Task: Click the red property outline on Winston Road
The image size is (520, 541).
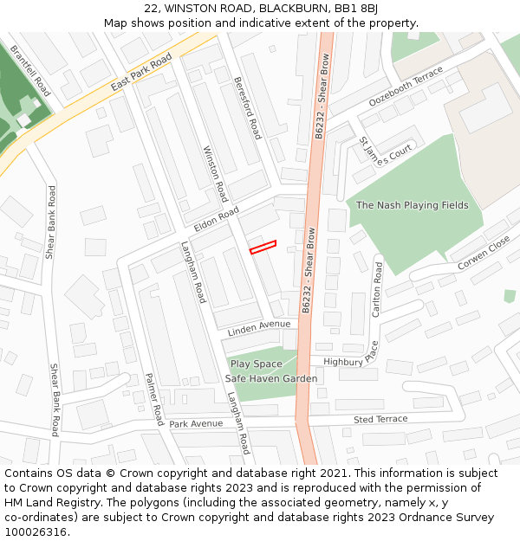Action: point(263,247)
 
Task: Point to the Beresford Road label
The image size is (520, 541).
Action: point(247,108)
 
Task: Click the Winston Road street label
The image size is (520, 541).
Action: point(215,173)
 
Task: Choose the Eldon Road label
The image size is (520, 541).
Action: point(216,219)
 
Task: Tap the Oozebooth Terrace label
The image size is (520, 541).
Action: point(406,86)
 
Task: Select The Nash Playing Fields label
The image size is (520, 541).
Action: point(412,206)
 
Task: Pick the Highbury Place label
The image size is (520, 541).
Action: point(351,356)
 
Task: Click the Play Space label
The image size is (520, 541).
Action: point(257,364)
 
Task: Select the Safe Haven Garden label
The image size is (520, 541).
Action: point(270,378)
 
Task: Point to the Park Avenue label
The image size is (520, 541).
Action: point(196,424)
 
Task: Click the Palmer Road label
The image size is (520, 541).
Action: point(154,398)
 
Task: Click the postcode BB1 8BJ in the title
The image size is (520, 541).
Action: point(355,9)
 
